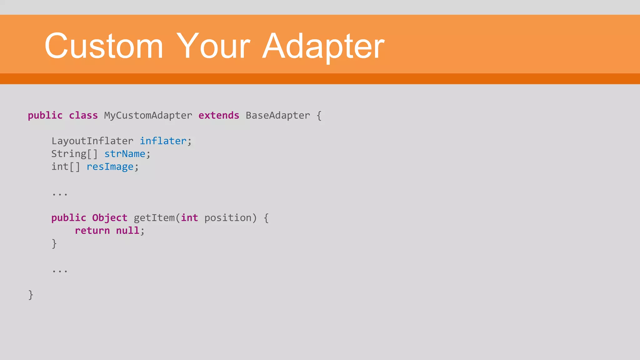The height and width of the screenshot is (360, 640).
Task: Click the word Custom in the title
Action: (x=104, y=46)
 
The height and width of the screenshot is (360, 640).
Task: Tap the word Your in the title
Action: (x=213, y=46)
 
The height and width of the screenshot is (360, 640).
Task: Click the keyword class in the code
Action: (x=83, y=116)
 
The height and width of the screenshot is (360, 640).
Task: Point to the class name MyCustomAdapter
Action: (x=148, y=116)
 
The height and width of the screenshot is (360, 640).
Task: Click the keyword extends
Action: (x=219, y=116)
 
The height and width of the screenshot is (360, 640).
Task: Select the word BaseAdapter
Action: (x=277, y=116)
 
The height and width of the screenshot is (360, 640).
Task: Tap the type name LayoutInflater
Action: (x=92, y=141)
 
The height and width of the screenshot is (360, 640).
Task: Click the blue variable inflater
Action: (x=163, y=141)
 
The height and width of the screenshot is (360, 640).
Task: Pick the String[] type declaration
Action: (x=74, y=154)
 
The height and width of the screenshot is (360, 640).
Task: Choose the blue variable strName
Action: (x=125, y=154)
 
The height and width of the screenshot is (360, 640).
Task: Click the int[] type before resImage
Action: (x=66, y=167)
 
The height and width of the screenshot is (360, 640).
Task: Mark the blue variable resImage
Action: (x=110, y=167)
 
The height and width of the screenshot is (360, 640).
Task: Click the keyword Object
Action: (x=110, y=218)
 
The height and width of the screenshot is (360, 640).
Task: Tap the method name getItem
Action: (x=154, y=218)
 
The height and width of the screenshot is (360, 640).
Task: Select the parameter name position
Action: (x=228, y=218)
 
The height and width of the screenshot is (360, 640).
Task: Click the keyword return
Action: (x=92, y=231)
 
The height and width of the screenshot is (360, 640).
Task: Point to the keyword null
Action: (x=127, y=231)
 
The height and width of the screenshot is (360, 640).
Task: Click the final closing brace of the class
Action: (x=31, y=295)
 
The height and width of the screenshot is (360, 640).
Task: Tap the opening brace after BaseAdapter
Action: (x=319, y=116)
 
